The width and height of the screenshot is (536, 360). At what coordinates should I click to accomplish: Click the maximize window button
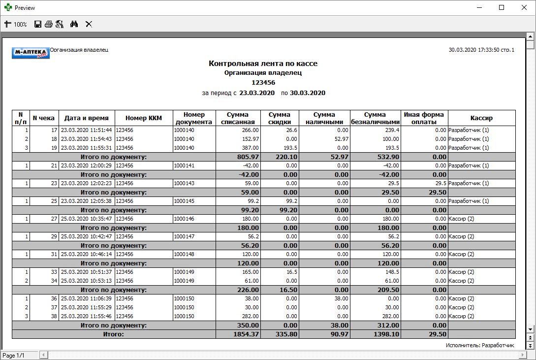(x=502, y=8)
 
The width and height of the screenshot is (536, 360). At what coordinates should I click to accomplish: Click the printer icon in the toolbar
(x=48, y=24)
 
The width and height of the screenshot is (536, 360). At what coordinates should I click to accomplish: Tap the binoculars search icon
(x=74, y=24)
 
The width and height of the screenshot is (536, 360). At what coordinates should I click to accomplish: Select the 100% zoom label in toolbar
(x=20, y=24)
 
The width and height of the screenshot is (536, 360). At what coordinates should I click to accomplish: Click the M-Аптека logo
(x=31, y=53)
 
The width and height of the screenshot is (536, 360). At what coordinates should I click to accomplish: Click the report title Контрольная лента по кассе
(x=263, y=64)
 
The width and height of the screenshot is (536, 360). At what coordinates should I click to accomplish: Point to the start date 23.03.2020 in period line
(x=256, y=93)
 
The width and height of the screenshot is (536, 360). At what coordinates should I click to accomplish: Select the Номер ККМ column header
(x=144, y=118)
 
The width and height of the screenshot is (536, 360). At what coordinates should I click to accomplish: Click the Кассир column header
(x=481, y=118)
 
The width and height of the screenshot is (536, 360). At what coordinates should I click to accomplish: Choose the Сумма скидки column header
(x=280, y=118)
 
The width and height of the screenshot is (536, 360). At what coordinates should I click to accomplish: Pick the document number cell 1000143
(x=184, y=183)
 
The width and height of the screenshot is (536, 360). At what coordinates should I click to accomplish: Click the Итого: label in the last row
(x=113, y=334)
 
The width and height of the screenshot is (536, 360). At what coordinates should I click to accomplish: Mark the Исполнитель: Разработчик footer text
(x=479, y=345)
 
